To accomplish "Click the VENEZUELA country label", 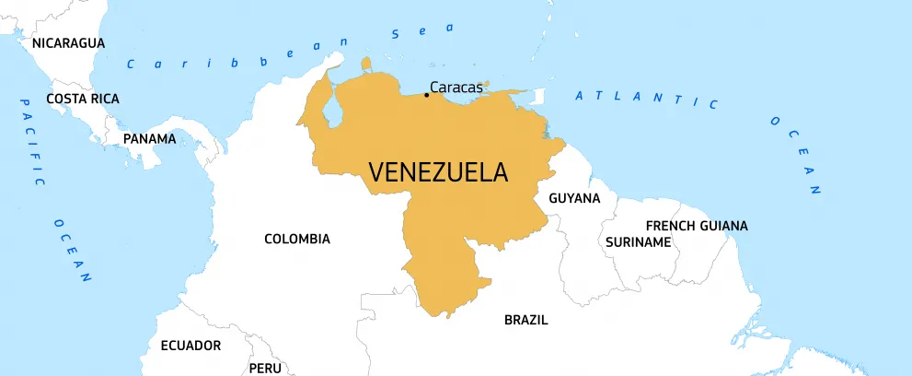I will pos(438,172).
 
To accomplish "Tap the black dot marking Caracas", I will pos(426,94).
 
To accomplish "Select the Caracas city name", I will pos(456,88).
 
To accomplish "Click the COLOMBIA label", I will pos(297,239).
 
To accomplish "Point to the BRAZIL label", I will pos(525,320).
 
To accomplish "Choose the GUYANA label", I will pos(574,198).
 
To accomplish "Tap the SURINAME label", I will pos(638,241).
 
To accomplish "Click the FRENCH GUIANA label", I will pos(697,225).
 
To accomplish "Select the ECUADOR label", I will pos(190,346).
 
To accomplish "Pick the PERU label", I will pos(265,368).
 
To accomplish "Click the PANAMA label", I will pos(149,139).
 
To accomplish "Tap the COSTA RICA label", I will pos(83,99).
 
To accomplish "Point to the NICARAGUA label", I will pos(68,42).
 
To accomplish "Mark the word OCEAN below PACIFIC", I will pos(73,248).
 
